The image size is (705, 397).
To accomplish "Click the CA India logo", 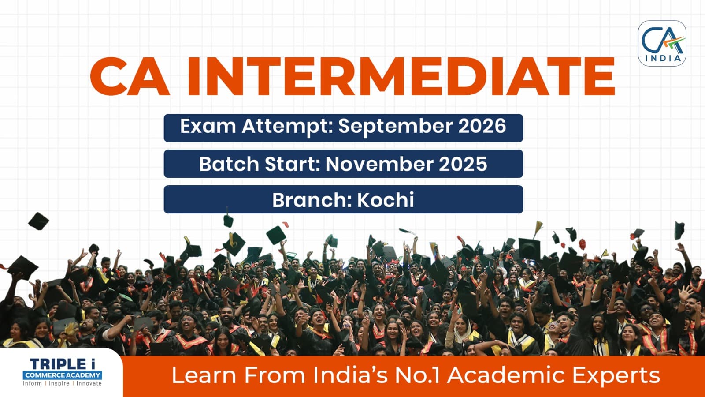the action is pos(662,44).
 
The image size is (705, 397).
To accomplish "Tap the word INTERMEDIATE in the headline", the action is pos(401,77).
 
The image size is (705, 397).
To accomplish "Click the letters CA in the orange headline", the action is pos(130,77).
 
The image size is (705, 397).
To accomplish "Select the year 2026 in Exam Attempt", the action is pos(482,126).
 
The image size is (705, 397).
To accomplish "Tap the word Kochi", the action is pos(385,199).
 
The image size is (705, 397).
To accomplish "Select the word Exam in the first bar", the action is pos(208,126).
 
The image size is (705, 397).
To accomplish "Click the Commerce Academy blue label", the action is pos(62,375).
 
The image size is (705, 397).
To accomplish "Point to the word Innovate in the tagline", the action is pos(89,383).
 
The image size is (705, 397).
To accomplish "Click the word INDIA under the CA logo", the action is pos(663,58).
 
